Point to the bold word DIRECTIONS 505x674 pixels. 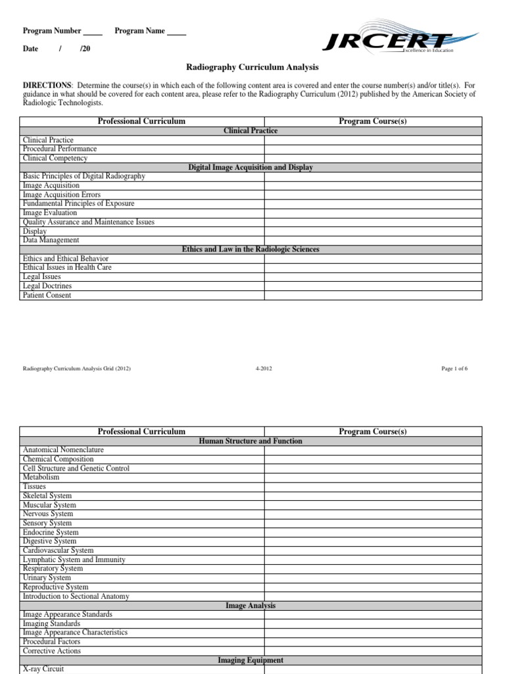(x=47, y=86)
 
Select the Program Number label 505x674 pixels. (x=52, y=31)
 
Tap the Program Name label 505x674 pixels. (x=139, y=31)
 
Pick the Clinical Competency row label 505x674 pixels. (x=55, y=158)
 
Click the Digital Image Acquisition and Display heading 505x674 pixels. (x=251, y=167)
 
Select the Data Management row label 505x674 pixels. (x=51, y=240)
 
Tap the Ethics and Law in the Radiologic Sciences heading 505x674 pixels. (x=251, y=249)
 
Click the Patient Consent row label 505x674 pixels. (x=47, y=296)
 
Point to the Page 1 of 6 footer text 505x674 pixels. (x=454, y=369)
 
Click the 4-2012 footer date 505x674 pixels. (x=263, y=369)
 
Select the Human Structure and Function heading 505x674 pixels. (x=251, y=441)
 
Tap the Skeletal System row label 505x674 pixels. (x=47, y=496)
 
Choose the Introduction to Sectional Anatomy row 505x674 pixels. (x=76, y=596)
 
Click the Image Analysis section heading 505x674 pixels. (x=251, y=606)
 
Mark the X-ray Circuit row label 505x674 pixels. (x=43, y=669)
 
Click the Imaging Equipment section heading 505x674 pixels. (x=251, y=660)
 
